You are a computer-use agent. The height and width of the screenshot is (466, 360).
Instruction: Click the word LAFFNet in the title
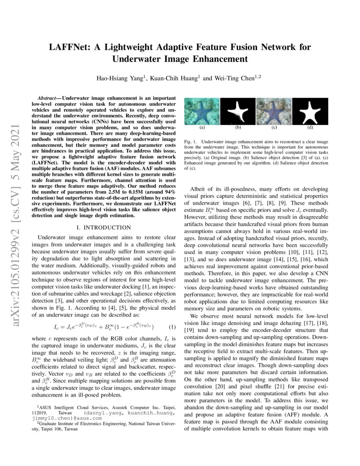pos(71,47)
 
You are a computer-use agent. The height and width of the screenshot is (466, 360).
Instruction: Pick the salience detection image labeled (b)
pos(238,111)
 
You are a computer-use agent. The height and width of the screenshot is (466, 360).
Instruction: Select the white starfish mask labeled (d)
pos(310,111)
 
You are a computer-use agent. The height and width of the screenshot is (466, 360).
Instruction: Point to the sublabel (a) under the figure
pos(202,127)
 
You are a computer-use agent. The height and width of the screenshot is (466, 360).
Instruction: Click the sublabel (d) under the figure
pos(310,127)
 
